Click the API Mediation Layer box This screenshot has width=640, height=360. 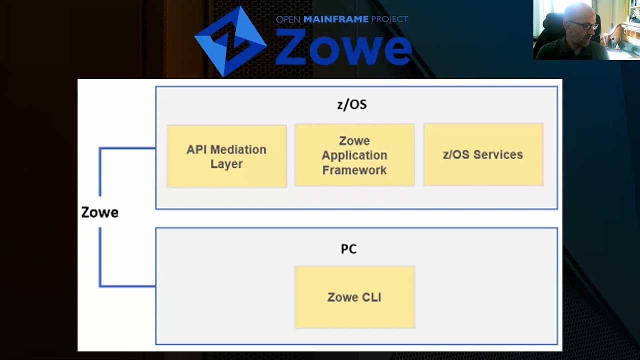tap(227, 156)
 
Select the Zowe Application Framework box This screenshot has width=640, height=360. tap(354, 155)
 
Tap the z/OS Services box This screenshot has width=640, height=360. tap(483, 154)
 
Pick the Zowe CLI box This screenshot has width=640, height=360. tap(354, 297)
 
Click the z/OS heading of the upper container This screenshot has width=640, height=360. tap(352, 104)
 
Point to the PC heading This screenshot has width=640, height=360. tap(349, 249)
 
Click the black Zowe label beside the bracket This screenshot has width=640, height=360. tap(99, 212)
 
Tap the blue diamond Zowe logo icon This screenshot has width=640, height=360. tap(230, 41)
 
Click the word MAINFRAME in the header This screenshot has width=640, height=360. tap(335, 19)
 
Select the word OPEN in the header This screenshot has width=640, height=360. tap(288, 19)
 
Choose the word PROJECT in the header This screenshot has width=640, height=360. tap(389, 19)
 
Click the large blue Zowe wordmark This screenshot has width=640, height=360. tap(343, 47)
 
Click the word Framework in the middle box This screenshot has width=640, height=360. tap(354, 170)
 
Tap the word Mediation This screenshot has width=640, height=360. tap(238, 149)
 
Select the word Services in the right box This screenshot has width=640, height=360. tap(498, 154)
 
